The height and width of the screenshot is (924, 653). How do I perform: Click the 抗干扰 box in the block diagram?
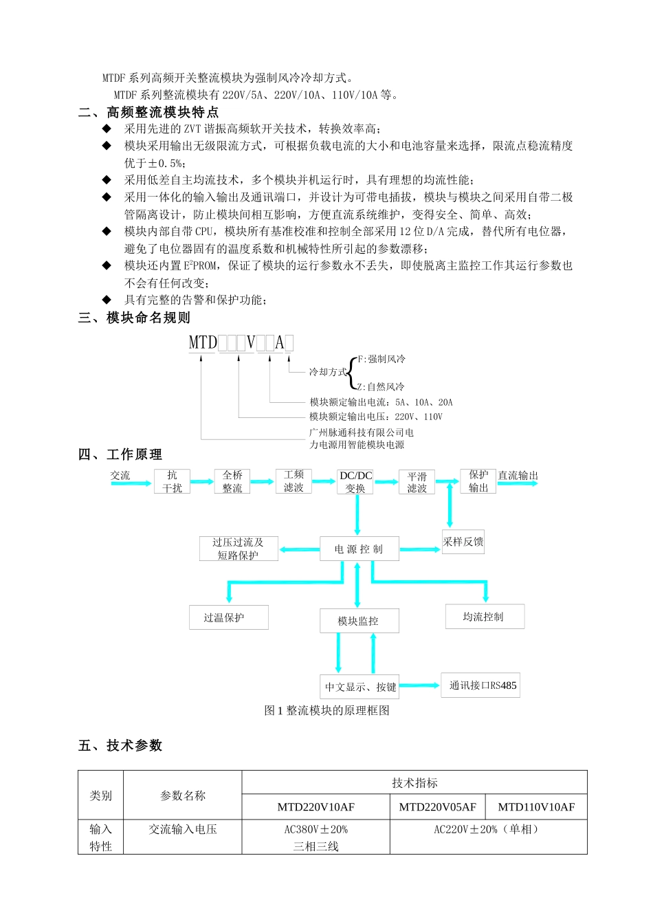[172, 481]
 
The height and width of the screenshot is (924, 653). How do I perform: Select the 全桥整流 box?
[232, 481]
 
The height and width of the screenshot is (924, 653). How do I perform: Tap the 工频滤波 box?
[294, 481]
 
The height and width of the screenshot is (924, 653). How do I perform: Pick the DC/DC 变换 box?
[355, 481]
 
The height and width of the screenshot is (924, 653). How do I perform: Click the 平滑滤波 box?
[417, 482]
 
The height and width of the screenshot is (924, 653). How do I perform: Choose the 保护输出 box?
[478, 481]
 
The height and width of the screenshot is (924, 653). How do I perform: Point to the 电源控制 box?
[359, 549]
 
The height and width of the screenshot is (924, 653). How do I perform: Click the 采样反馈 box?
[463, 542]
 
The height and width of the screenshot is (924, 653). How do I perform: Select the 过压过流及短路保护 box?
[238, 549]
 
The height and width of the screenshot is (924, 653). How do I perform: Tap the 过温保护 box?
[228, 617]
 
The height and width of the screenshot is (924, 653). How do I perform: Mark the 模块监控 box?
[359, 621]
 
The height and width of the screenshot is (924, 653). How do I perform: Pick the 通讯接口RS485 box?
[480, 685]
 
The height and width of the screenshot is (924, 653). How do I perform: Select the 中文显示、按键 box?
[359, 687]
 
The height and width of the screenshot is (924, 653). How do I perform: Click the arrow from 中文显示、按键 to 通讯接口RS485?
[419, 685]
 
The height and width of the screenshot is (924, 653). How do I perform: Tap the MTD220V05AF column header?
[437, 807]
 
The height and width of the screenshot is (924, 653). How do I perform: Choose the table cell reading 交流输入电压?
[183, 830]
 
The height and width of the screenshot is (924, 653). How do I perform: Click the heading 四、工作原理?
[120, 454]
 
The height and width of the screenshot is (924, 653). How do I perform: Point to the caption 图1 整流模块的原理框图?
[326, 711]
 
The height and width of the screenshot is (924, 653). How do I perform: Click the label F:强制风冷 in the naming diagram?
[382, 359]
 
